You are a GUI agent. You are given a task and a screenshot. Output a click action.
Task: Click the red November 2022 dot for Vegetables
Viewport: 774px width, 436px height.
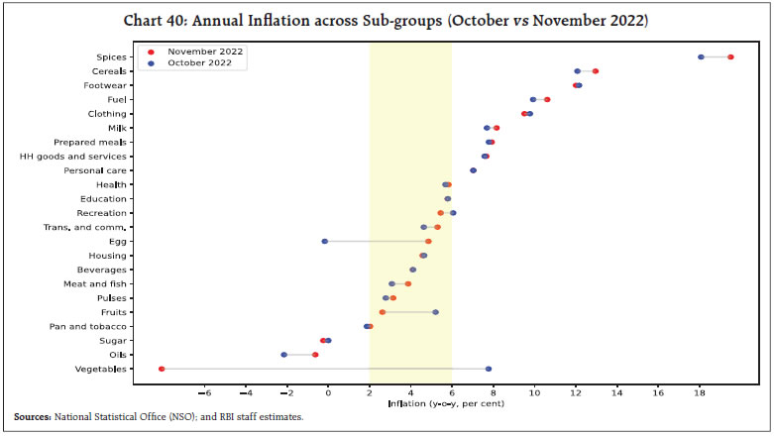click(162, 369)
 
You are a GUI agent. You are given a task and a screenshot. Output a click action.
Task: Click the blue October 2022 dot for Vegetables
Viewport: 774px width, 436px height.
click(489, 369)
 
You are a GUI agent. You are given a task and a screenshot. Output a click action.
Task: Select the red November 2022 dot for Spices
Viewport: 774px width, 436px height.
click(730, 56)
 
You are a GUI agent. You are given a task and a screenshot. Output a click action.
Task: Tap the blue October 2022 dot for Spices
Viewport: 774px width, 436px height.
click(701, 56)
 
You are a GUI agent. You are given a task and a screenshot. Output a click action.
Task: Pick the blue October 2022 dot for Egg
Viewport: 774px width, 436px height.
click(324, 241)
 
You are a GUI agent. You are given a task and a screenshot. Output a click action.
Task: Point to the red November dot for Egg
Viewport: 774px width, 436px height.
click(428, 241)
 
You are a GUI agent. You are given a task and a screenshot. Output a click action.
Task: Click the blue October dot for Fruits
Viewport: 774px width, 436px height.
click(435, 312)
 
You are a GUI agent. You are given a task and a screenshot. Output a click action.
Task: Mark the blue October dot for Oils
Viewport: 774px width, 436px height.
click(283, 355)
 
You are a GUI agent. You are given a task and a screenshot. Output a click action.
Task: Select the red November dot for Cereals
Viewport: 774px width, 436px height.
click(595, 71)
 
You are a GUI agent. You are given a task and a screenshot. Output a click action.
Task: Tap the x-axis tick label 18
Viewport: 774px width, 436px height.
click(700, 392)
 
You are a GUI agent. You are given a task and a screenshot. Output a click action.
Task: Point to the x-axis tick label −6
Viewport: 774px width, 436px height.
click(204, 392)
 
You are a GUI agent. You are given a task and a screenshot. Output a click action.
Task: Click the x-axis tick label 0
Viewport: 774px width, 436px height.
click(328, 392)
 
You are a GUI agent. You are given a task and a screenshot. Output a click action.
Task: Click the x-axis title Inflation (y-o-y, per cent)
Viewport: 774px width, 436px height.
click(451, 403)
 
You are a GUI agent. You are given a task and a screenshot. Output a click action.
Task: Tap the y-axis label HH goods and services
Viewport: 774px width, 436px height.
click(73, 157)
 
